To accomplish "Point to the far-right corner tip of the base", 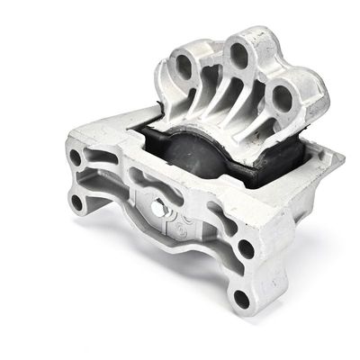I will tap(343, 162).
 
